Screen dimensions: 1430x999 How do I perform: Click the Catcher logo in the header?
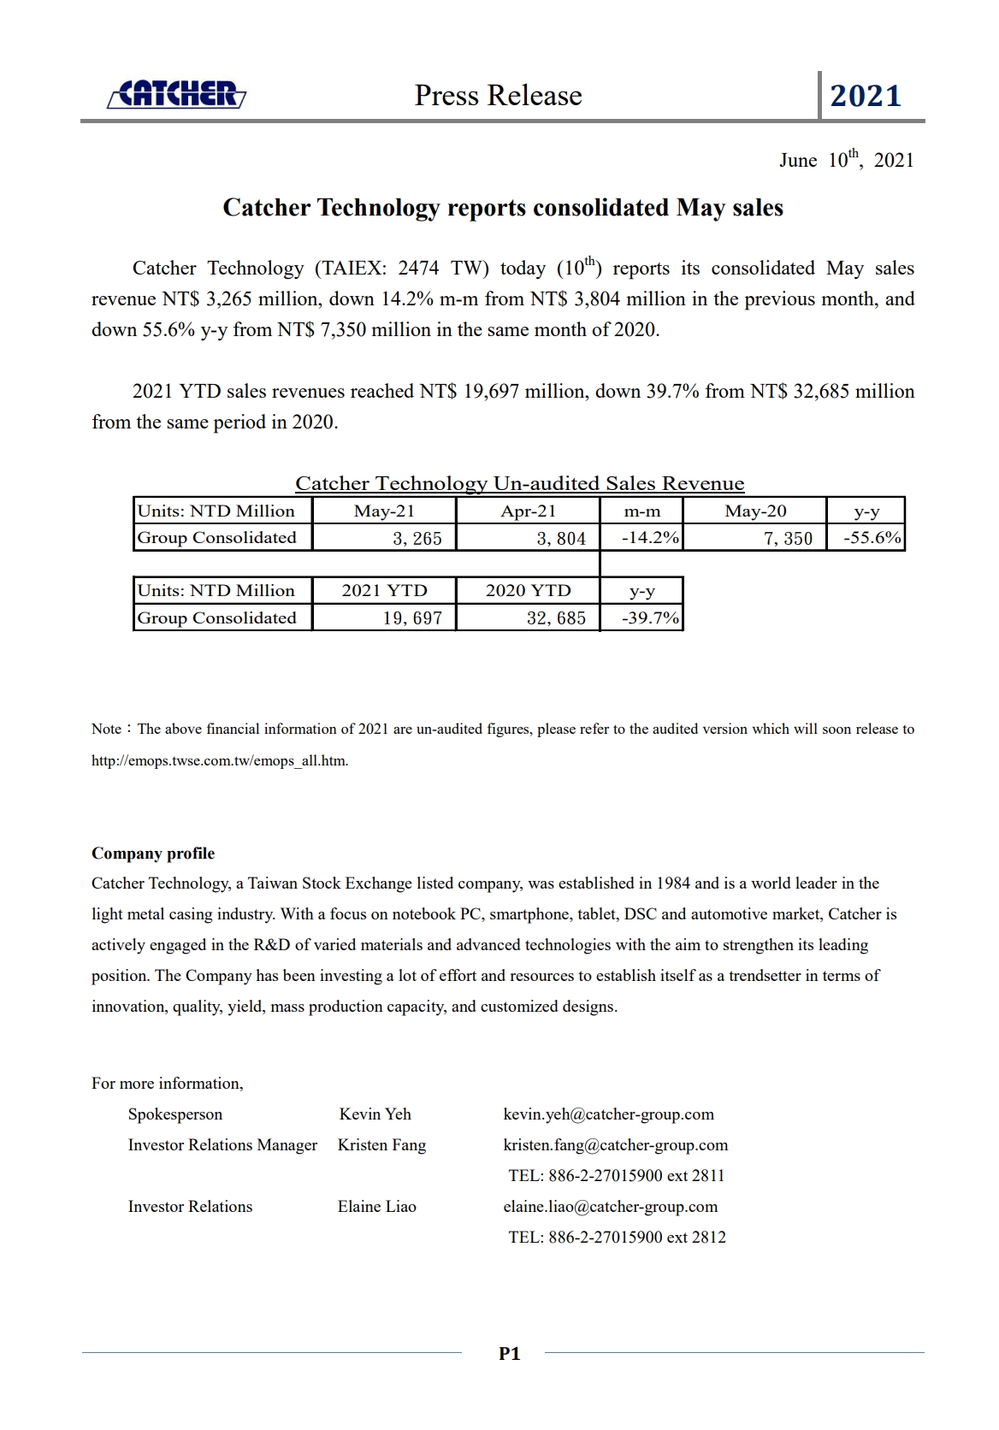tap(177, 94)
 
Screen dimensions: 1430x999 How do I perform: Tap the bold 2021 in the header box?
tap(866, 96)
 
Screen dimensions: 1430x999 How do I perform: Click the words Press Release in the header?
tap(498, 95)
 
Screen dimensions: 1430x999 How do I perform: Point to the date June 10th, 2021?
tap(846, 160)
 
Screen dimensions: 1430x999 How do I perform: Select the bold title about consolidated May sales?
tap(503, 208)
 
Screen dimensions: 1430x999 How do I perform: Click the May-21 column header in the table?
tap(384, 511)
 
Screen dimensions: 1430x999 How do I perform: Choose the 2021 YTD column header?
tap(384, 590)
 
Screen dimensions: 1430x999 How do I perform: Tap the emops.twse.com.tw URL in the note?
tap(220, 760)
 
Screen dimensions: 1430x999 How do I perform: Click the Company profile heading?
tap(153, 854)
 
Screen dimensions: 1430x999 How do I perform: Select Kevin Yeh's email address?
tap(608, 1114)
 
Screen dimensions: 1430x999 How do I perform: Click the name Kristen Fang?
tap(381, 1145)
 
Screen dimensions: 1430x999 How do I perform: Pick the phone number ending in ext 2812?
tap(617, 1237)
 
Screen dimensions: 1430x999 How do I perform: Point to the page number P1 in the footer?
tap(509, 1353)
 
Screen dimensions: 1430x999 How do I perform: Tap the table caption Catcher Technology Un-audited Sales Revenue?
tap(520, 483)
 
